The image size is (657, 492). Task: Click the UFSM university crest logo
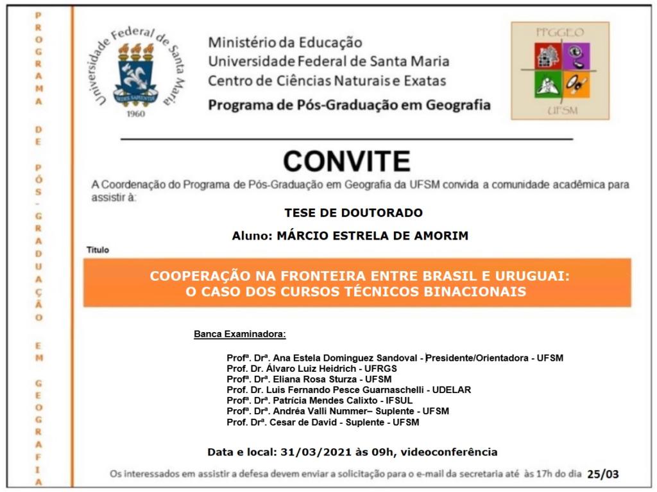135,72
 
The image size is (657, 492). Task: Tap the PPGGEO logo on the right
559,71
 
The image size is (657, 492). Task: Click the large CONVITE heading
346,161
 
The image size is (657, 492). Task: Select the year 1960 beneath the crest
136,114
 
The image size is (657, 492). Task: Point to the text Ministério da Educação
285,43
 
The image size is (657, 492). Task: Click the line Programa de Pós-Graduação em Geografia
349,105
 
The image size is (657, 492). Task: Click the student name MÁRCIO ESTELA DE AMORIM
372,236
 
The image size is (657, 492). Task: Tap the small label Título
98,250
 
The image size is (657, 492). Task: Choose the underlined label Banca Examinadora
239,335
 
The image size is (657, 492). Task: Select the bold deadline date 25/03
603,475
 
